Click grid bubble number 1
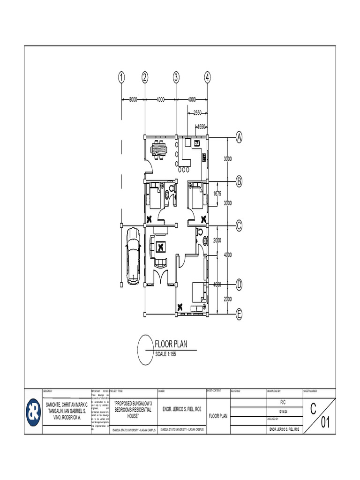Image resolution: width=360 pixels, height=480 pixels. click(121, 78)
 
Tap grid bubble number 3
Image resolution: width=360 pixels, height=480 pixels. click(176, 78)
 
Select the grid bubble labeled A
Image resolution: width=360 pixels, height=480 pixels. click(239, 138)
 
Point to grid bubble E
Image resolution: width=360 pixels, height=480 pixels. click(239, 315)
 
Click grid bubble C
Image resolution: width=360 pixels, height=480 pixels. click(239, 225)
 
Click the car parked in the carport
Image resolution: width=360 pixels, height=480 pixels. click(133, 256)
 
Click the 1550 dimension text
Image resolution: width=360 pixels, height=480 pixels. click(202, 127)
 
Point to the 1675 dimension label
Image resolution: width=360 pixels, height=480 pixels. click(217, 193)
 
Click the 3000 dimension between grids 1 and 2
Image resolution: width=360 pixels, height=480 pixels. click(133, 99)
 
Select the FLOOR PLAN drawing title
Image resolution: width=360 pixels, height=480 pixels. click(171, 345)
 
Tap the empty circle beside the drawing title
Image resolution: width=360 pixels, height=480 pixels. click(146, 349)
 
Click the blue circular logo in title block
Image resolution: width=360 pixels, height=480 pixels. click(33, 412)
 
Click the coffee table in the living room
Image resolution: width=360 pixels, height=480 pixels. click(161, 246)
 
